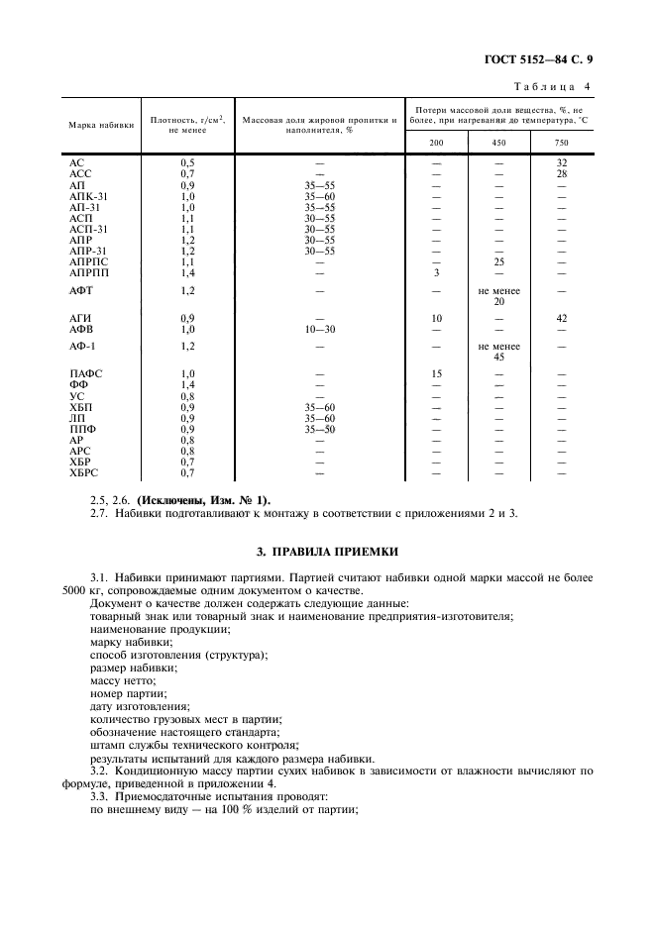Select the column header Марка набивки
coord(101,126)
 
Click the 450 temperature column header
coord(499,143)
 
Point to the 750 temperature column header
coord(562,143)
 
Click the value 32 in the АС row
coord(562,161)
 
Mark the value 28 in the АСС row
coord(562,173)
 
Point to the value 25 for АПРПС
coord(499,261)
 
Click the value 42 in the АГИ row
coord(562,318)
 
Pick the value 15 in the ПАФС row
coord(437,373)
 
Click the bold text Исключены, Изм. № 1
coord(201,500)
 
